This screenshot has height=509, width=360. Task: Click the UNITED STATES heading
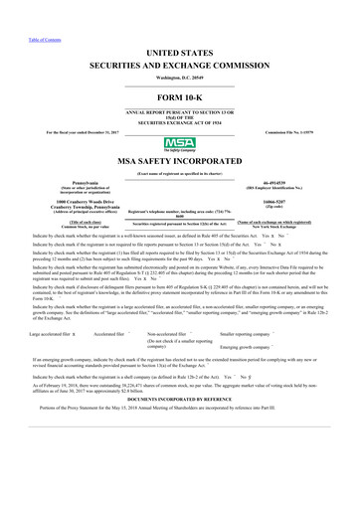(x=180, y=49)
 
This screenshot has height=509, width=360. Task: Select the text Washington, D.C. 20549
(x=180, y=78)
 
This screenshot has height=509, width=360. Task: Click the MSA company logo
(x=179, y=144)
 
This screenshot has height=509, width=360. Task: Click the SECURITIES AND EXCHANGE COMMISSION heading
(x=180, y=63)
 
